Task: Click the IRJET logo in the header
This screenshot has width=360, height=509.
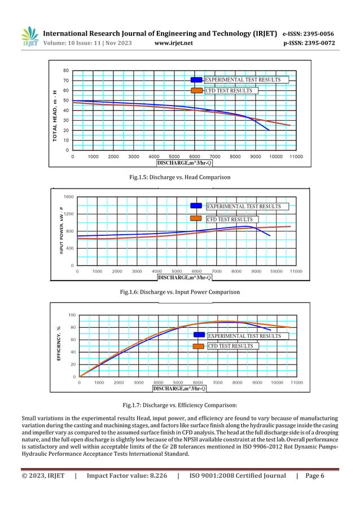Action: [x=29, y=37]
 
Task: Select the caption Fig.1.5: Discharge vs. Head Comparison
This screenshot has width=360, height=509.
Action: [x=179, y=177]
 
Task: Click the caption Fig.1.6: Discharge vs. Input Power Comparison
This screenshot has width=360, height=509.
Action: [x=179, y=292]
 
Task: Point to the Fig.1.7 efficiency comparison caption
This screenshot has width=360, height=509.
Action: [x=179, y=405]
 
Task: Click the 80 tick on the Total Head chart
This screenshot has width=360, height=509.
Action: [x=66, y=71]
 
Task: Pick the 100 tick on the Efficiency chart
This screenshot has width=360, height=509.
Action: [x=72, y=315]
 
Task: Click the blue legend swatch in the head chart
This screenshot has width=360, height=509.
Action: [x=196, y=80]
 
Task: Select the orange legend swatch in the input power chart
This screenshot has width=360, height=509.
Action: [x=196, y=219]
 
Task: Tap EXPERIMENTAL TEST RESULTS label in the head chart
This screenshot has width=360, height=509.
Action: [x=242, y=80]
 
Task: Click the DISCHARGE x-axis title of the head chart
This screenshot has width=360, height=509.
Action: [x=185, y=163]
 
